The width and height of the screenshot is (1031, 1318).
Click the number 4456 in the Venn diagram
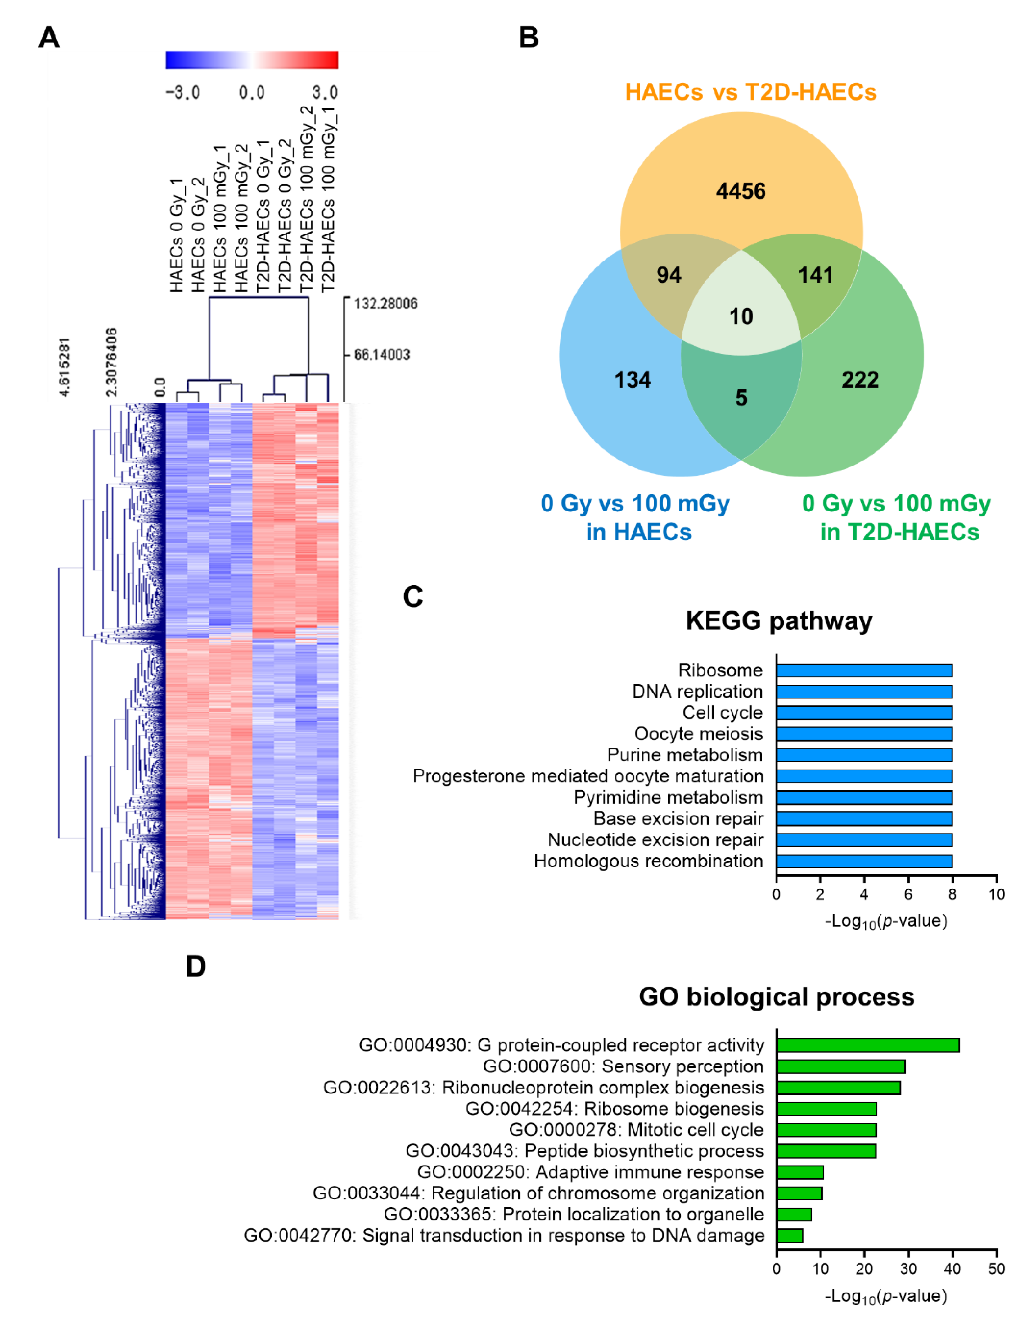[741, 192]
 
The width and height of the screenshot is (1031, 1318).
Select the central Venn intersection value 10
[741, 316]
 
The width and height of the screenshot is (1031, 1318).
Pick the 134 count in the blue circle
[633, 380]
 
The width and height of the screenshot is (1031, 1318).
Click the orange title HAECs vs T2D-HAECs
[750, 92]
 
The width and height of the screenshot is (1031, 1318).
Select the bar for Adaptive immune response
[800, 1172]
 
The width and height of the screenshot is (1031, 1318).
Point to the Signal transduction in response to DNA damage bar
[790, 1236]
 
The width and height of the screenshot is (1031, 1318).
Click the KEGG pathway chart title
[779, 621]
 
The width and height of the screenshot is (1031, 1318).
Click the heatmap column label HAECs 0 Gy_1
[176, 236]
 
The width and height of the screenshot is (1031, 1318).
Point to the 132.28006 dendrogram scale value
[385, 303]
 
